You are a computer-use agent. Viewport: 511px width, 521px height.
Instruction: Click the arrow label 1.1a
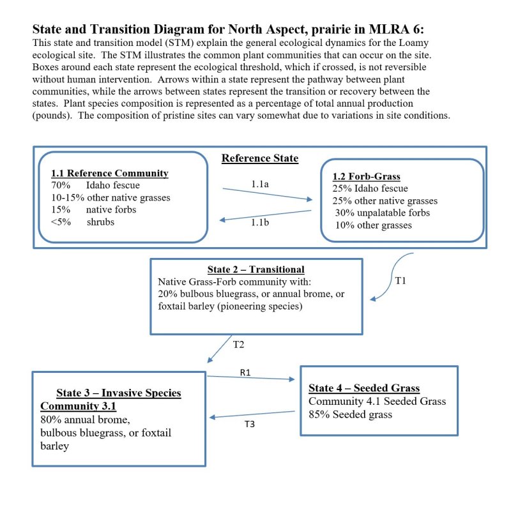point(259,184)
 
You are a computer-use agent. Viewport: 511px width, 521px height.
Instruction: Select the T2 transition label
point(238,344)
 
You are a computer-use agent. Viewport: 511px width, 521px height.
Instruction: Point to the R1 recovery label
point(245,372)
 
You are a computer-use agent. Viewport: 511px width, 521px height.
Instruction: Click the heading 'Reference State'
point(260,158)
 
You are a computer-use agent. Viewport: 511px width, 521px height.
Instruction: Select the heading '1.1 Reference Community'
point(110,173)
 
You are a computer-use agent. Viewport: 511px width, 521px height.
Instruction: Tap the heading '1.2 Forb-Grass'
point(367,176)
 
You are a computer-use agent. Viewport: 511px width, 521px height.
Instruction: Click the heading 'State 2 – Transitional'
point(256,269)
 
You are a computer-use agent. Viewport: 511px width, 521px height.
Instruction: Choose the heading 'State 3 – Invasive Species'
point(119,393)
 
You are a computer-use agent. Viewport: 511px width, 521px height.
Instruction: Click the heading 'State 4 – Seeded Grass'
point(364,388)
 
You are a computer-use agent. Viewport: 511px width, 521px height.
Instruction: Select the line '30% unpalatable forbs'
point(382,213)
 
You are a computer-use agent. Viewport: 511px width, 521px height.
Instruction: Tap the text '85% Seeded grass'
point(350,414)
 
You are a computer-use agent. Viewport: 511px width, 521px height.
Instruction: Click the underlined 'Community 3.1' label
point(79,406)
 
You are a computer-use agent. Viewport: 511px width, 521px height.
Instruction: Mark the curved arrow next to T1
point(394,275)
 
